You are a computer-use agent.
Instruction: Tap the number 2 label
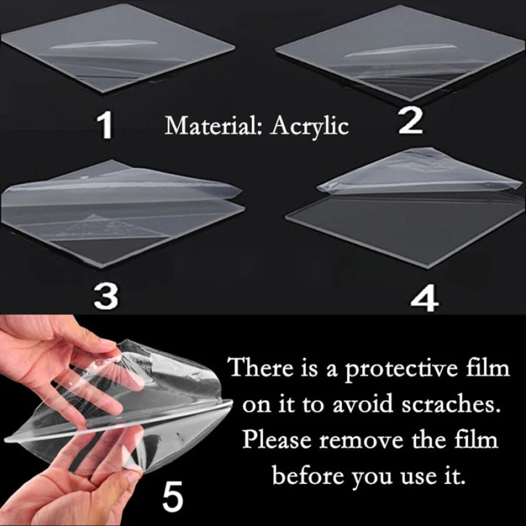pos(410,121)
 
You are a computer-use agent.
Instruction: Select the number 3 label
pos(106,296)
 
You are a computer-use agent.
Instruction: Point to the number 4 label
pos(424,298)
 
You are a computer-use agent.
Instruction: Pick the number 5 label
pos(173,495)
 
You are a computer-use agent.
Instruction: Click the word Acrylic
pos(309,127)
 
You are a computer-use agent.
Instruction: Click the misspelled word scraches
pos(448,404)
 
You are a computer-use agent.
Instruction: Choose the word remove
pos(361,441)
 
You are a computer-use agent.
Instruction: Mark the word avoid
pos(362,404)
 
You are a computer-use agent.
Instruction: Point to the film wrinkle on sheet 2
pos(400,50)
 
